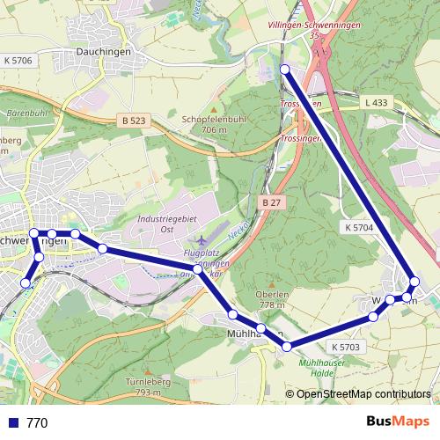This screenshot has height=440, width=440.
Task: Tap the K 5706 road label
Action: (x=18, y=60)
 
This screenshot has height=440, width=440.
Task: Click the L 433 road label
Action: (x=375, y=103)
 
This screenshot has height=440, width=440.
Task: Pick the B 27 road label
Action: (x=270, y=202)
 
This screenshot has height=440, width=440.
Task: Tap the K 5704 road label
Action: (x=360, y=227)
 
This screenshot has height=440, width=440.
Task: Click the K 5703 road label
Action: (x=347, y=348)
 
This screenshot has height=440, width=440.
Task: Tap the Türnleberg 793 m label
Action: (x=146, y=387)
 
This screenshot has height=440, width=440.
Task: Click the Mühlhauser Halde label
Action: (x=323, y=368)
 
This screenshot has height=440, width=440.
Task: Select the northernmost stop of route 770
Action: (x=284, y=69)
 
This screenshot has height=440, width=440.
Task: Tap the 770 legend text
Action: (x=37, y=423)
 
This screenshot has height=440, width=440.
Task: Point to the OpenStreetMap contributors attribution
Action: (x=363, y=394)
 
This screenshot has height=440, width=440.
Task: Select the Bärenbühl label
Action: (x=26, y=114)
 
